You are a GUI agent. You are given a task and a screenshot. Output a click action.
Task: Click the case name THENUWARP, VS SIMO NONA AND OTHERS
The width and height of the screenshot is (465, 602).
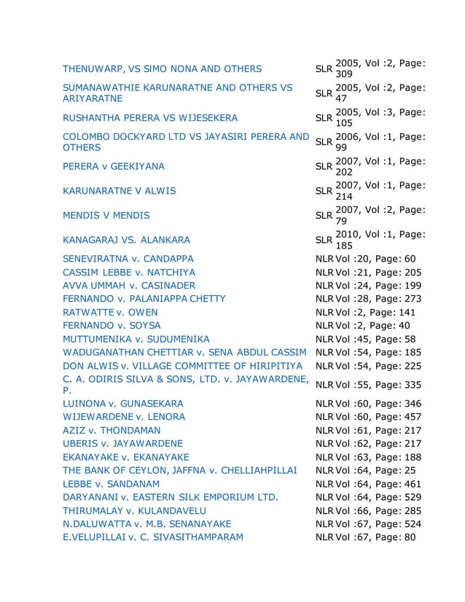pos(162,69)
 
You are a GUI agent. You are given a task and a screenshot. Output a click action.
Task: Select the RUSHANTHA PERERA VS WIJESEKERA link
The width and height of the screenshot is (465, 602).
pos(150,118)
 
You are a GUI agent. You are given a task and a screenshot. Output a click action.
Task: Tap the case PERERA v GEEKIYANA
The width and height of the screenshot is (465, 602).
pos(113,167)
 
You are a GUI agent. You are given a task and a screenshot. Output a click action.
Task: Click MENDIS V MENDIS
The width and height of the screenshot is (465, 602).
pos(106,216)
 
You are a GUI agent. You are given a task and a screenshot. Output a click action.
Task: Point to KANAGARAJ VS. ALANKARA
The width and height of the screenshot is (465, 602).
pos(126,240)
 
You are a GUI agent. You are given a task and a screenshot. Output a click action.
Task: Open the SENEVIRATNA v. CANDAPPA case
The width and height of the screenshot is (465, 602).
pos(128,259)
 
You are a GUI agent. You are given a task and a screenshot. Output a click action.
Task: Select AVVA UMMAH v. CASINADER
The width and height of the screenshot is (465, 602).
pos(129,285)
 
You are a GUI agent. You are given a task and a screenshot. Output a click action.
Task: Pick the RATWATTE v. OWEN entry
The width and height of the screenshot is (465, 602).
pos(110,312)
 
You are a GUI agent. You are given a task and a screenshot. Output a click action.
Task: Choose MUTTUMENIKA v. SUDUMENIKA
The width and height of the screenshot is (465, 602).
pos(136,339)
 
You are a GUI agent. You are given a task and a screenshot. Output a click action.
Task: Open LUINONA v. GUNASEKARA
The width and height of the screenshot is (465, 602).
pos(123,404)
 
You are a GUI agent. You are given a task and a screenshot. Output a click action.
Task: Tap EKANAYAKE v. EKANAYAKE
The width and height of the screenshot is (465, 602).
pos(126,457)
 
